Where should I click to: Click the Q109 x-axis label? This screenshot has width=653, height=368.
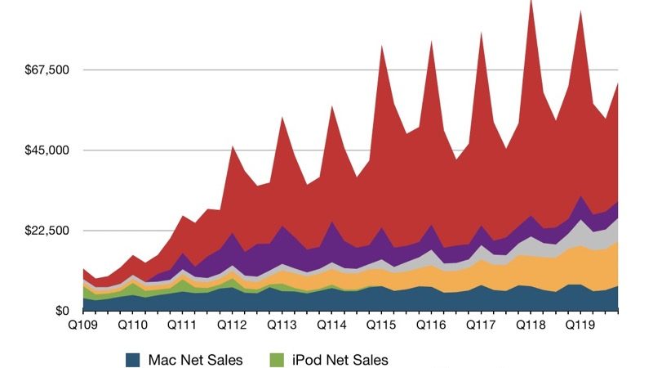click(x=83, y=325)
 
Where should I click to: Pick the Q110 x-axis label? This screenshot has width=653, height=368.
click(x=133, y=325)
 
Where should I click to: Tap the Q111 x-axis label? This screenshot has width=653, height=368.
click(x=183, y=325)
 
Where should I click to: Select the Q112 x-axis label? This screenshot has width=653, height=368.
click(x=233, y=325)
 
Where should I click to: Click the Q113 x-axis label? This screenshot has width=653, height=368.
click(x=282, y=325)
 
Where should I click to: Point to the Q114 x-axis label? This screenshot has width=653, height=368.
click(x=332, y=325)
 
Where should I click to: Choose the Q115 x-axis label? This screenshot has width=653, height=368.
click(x=382, y=325)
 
